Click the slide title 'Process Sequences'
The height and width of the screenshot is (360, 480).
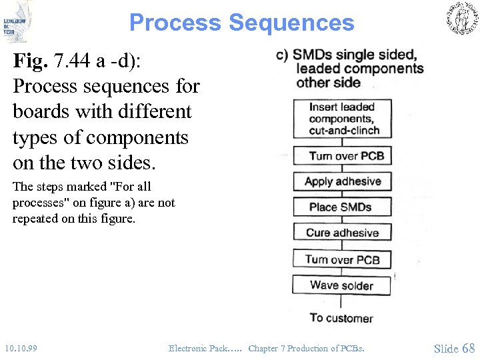click(241, 23)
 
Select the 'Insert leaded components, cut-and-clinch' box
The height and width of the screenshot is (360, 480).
click(343, 119)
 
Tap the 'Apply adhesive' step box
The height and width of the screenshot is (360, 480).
click(343, 181)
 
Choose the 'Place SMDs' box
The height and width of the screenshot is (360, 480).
click(341, 207)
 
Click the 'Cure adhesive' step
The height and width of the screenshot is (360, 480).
click(342, 233)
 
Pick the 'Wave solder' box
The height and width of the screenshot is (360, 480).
click(341, 285)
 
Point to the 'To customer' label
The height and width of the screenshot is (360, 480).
click(341, 318)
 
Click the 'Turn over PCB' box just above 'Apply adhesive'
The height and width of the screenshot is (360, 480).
click(343, 156)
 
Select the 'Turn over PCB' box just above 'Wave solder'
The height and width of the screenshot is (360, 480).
click(342, 259)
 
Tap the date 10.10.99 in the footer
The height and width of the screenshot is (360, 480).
click(21, 348)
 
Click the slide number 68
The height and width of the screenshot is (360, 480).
click(468, 348)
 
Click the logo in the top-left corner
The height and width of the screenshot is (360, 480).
click(17, 22)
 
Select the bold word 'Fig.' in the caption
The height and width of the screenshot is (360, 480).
click(30, 62)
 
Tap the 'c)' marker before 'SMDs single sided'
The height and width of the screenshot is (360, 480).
click(281, 55)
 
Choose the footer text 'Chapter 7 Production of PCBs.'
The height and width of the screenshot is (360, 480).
click(306, 348)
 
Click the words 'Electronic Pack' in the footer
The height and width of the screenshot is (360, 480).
click(198, 348)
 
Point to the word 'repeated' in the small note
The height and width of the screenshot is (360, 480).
click(33, 218)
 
